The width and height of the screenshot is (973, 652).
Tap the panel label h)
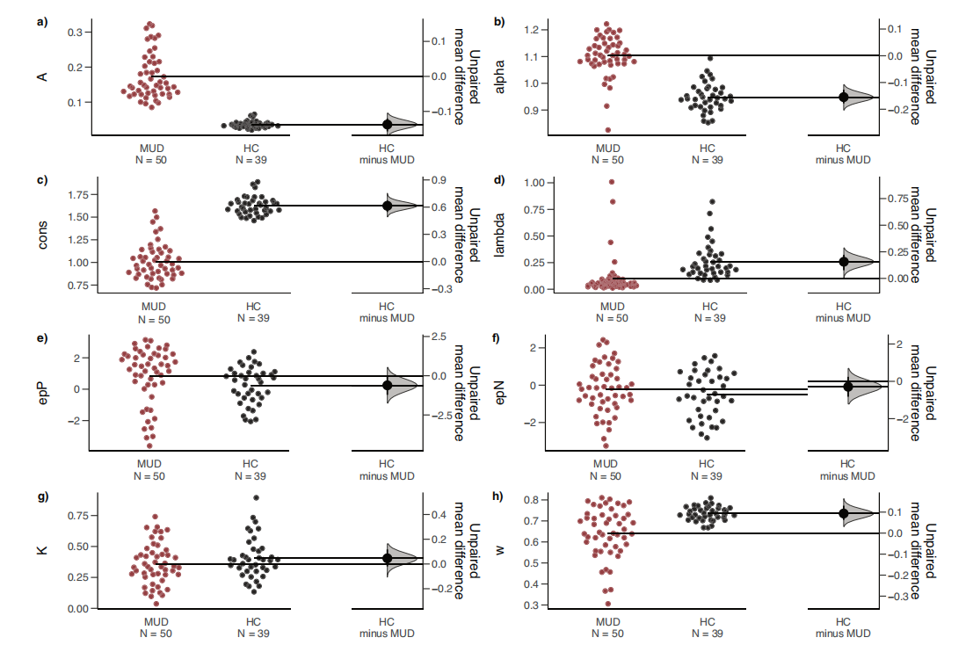pyautogui.click(x=498, y=496)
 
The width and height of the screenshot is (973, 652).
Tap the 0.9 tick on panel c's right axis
pyautogui.click(x=439, y=180)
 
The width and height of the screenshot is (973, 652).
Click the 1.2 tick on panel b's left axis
pyautogui.click(x=531, y=30)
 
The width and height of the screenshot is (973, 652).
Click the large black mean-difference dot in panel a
pyautogui.click(x=387, y=125)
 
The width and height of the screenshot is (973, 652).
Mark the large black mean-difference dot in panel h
pyautogui.click(x=844, y=513)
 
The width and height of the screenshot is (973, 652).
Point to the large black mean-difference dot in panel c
pyautogui.click(x=387, y=206)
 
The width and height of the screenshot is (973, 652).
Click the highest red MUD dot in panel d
pyautogui.click(x=612, y=182)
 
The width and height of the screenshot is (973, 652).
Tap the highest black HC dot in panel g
pyautogui.click(x=256, y=497)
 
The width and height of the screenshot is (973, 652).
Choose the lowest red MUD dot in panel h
pyautogui.click(x=606, y=604)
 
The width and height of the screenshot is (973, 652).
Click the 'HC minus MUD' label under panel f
pyautogui.click(x=846, y=469)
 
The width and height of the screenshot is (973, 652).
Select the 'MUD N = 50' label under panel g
pyautogui.click(x=152, y=628)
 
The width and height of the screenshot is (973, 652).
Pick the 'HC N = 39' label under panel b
pyautogui.click(x=708, y=154)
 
